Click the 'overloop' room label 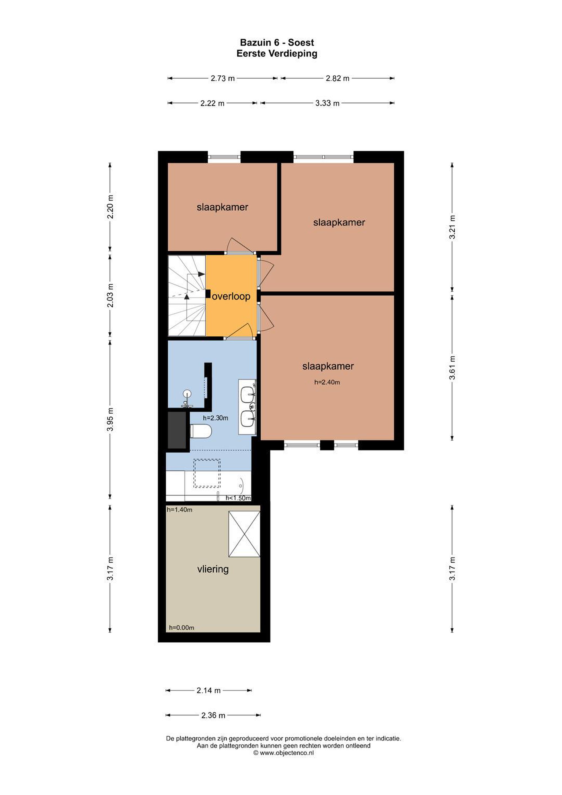click(231, 296)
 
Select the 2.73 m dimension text click(223, 78)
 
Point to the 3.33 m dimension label click(327, 103)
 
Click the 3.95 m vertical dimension click(110, 419)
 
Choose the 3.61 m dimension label click(452, 367)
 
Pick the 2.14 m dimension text click(208, 690)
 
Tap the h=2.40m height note click(327, 382)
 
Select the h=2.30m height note click(215, 418)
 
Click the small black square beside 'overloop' click(208, 294)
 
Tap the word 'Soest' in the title click(301, 43)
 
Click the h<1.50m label click(238, 498)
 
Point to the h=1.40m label click(179, 510)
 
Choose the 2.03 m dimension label click(110, 295)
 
